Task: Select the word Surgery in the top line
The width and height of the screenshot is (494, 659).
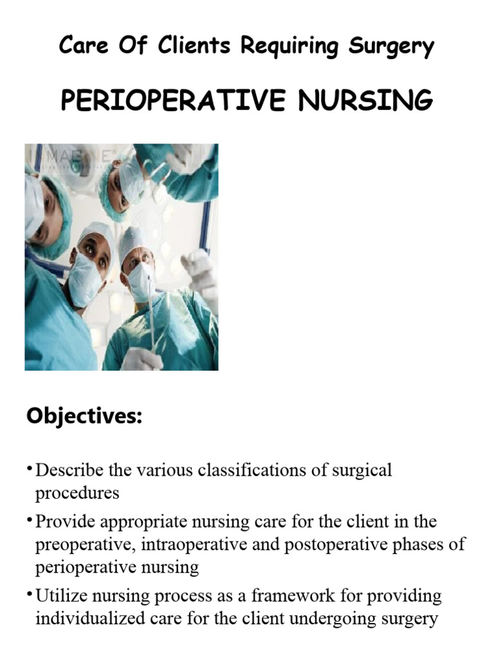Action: tap(390, 46)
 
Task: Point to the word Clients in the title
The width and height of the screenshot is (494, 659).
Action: tap(193, 46)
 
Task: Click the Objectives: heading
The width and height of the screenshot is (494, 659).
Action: tap(84, 416)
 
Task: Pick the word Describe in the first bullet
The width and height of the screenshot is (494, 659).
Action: tap(70, 470)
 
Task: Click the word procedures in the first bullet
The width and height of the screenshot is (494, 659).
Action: tap(77, 493)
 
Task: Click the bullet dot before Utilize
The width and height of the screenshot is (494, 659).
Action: tap(30, 593)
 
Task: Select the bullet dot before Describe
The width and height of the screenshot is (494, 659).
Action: tap(30, 467)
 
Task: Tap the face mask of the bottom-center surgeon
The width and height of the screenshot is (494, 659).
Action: tap(85, 279)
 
